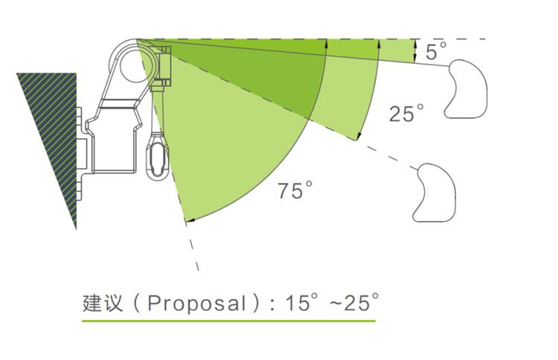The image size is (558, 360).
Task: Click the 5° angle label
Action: [x=436, y=51]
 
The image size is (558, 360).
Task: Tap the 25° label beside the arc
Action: [x=406, y=113]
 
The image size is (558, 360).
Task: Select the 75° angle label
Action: [x=295, y=190]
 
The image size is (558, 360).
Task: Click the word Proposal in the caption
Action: [x=197, y=303]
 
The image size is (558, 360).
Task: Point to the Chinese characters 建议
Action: [x=103, y=303]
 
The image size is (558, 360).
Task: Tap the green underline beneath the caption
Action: [x=228, y=321]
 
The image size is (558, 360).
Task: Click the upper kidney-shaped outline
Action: [x=466, y=89]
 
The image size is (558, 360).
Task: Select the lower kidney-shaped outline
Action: [x=435, y=193]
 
